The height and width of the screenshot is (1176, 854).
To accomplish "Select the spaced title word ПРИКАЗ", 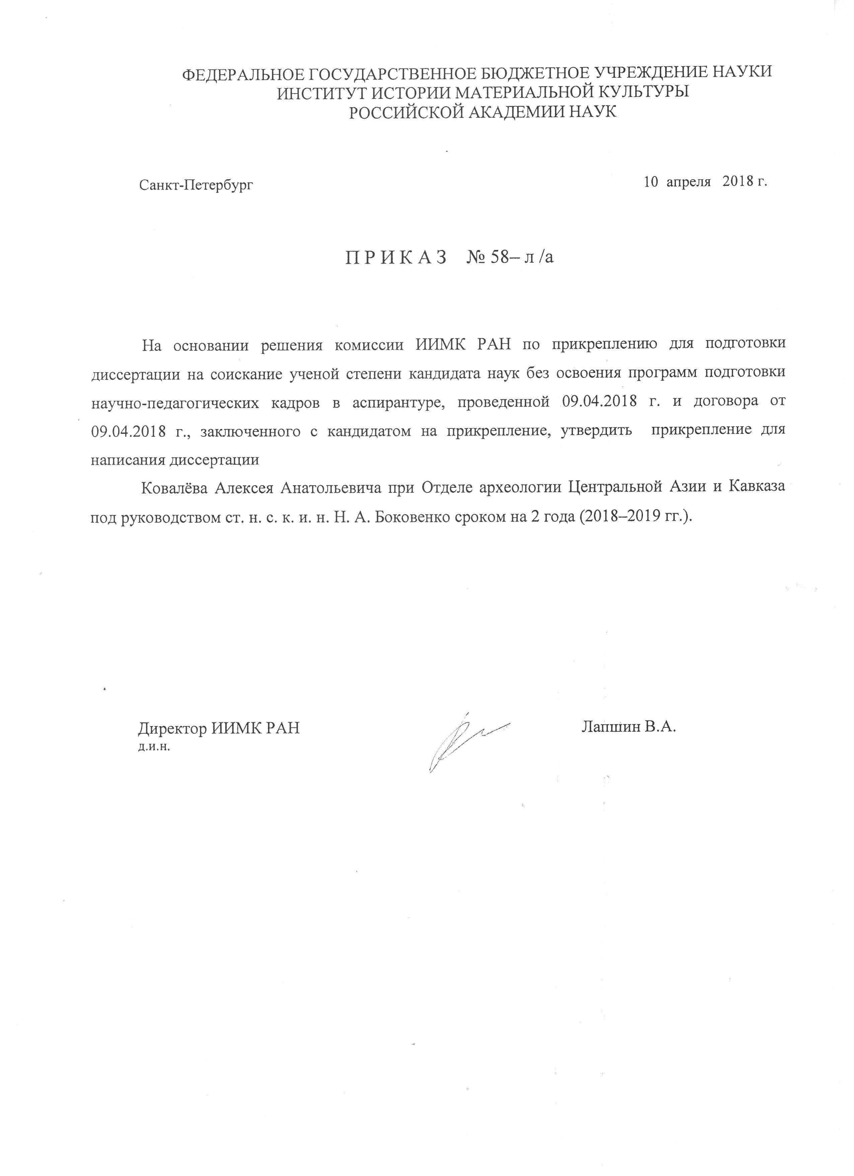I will [396, 257].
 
